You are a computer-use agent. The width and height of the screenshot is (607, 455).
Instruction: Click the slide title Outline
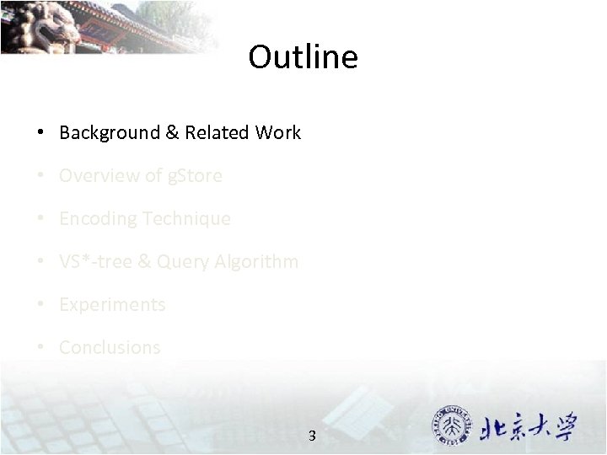[x=303, y=57]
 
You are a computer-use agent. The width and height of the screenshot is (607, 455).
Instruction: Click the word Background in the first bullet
[x=98, y=132]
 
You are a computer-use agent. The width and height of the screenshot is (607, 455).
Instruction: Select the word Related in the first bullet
[x=218, y=132]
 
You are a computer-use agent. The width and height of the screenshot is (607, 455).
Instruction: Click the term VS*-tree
[x=95, y=261]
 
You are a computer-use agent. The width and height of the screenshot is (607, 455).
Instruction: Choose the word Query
[x=179, y=262]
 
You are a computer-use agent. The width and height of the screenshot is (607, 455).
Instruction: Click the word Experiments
[x=112, y=305]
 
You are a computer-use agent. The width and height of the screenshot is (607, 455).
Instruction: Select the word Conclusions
[x=110, y=347]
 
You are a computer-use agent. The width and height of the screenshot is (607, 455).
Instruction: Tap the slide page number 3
[x=312, y=436]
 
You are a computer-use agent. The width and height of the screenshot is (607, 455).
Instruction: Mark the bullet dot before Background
[x=40, y=133]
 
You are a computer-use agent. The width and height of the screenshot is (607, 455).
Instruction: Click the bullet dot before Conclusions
[x=40, y=348]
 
